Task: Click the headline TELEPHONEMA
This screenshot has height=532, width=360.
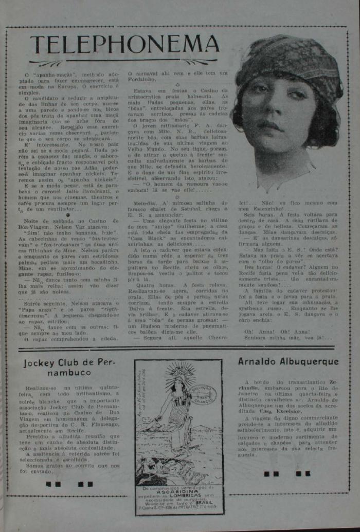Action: pyautogui.click(x=124, y=46)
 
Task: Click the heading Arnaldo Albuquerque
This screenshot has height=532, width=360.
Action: pyautogui.click(x=288, y=362)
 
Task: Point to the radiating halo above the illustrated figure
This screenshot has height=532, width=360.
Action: pyautogui.click(x=179, y=372)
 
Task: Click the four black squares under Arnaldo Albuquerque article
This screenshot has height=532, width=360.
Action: pyautogui.click(x=287, y=473)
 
